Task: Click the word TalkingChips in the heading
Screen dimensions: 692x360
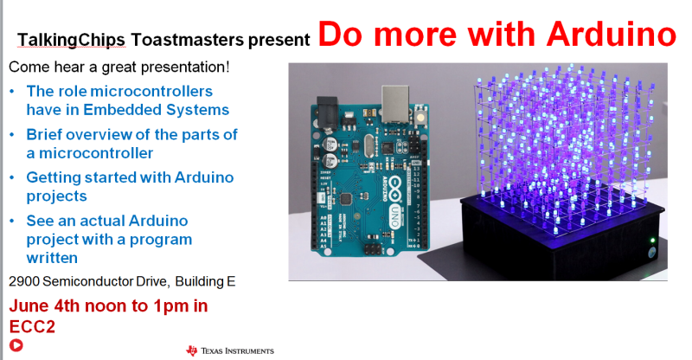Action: [x=72, y=40]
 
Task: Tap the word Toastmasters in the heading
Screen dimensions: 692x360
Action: [x=187, y=40]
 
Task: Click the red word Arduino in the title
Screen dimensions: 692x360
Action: [x=612, y=34]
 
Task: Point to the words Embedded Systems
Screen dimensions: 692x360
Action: [x=157, y=110]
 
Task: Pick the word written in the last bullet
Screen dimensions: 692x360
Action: [x=52, y=258]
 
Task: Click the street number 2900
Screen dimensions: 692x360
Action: [x=24, y=281]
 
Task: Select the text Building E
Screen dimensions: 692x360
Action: [x=205, y=282]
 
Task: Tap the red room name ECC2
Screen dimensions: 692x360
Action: [x=32, y=327]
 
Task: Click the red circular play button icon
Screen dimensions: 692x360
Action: [x=16, y=345]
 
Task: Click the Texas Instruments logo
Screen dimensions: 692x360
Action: [x=230, y=350]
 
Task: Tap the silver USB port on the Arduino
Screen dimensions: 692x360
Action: [x=395, y=104]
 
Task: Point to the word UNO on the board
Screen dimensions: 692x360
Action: [x=395, y=216]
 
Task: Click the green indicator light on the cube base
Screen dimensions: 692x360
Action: [x=652, y=241]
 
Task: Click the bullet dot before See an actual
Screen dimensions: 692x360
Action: [x=12, y=221]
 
